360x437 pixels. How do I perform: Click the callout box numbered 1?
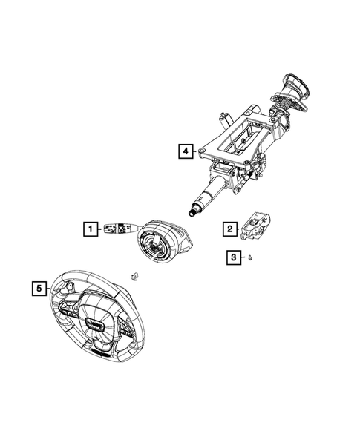tap(90, 229)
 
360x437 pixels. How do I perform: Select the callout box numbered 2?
tap(230, 229)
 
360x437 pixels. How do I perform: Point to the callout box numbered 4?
tap(184, 151)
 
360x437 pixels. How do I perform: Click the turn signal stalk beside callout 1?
tap(118, 227)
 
